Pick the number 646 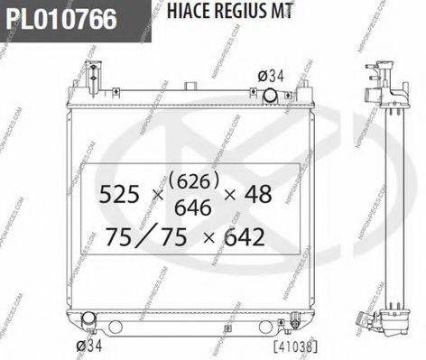click(192, 208)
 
